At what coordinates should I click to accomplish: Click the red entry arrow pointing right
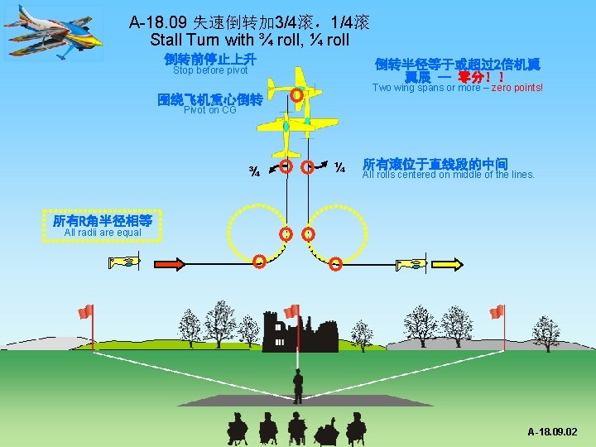(x=169, y=263)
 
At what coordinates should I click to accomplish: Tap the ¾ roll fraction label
(x=257, y=172)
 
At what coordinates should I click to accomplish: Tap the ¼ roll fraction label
(x=339, y=169)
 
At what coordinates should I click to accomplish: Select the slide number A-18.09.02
(x=553, y=432)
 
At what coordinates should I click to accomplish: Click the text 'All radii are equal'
(x=103, y=233)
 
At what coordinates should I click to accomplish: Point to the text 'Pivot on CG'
(x=209, y=110)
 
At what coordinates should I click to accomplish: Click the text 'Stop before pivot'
(x=210, y=70)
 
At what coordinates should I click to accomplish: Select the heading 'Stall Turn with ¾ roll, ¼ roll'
(x=250, y=40)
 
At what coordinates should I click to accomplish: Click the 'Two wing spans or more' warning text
(x=458, y=88)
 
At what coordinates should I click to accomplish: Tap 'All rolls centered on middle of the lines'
(x=449, y=175)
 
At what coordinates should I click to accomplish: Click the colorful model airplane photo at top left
(x=55, y=34)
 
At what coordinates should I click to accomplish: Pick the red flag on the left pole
(x=85, y=312)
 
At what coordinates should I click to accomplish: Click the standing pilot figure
(x=297, y=386)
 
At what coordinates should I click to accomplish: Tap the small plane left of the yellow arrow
(x=411, y=264)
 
